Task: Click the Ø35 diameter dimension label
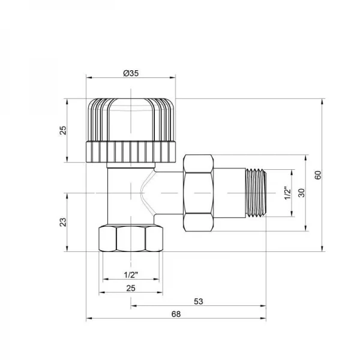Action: click(131, 73)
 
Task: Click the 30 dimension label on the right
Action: click(302, 193)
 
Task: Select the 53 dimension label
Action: click(199, 301)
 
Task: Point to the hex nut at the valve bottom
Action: click(131, 239)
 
